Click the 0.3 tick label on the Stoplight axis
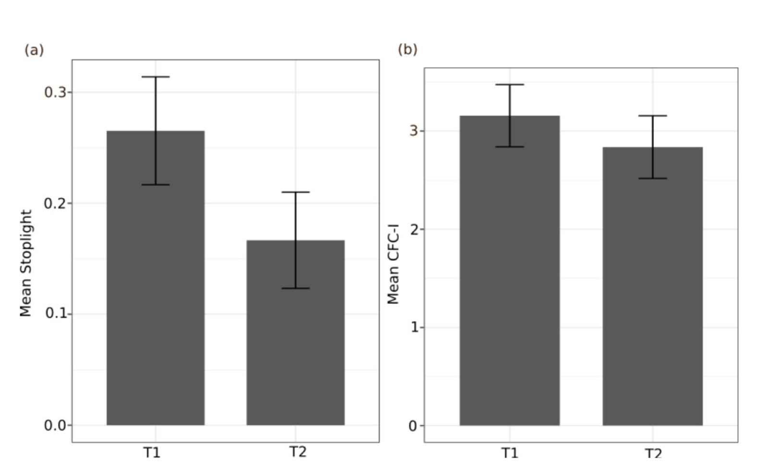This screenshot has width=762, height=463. coord(55,92)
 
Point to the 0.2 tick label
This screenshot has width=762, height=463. coord(55,203)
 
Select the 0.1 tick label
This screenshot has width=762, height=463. coord(55,314)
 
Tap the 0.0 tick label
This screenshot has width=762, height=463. coord(55,425)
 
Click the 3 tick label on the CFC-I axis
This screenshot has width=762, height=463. coord(414,131)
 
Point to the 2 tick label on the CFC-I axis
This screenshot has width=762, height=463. coord(414,230)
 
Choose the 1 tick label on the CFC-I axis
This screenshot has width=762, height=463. coord(414,328)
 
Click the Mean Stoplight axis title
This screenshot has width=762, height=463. coord(25,263)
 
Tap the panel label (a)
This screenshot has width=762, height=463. coord(34,50)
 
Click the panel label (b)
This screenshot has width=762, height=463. coord(407,49)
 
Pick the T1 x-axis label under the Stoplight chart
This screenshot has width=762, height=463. coord(152,452)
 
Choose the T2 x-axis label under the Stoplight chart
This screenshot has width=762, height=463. coord(298,452)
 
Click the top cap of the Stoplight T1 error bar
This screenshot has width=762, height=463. coord(155,77)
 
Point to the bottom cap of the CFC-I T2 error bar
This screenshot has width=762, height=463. coord(652,178)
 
